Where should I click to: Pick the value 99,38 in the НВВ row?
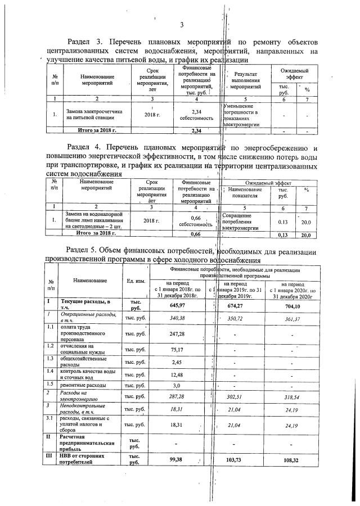[178, 459]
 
